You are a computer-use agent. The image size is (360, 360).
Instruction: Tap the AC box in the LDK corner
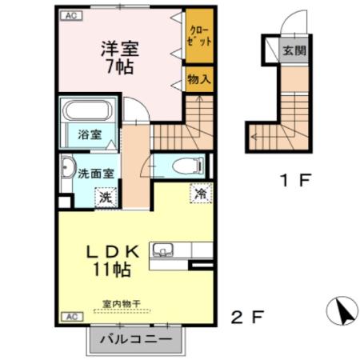(x=69, y=317)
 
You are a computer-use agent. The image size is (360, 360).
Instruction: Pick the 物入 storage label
(x=199, y=79)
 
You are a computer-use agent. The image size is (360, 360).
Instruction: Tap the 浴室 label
(x=89, y=135)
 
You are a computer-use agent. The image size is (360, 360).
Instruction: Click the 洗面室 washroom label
(x=94, y=173)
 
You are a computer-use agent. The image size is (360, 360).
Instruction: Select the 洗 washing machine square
(x=104, y=196)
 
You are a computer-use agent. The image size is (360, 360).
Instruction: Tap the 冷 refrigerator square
(x=200, y=193)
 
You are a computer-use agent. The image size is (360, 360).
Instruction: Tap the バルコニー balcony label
(x=135, y=339)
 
